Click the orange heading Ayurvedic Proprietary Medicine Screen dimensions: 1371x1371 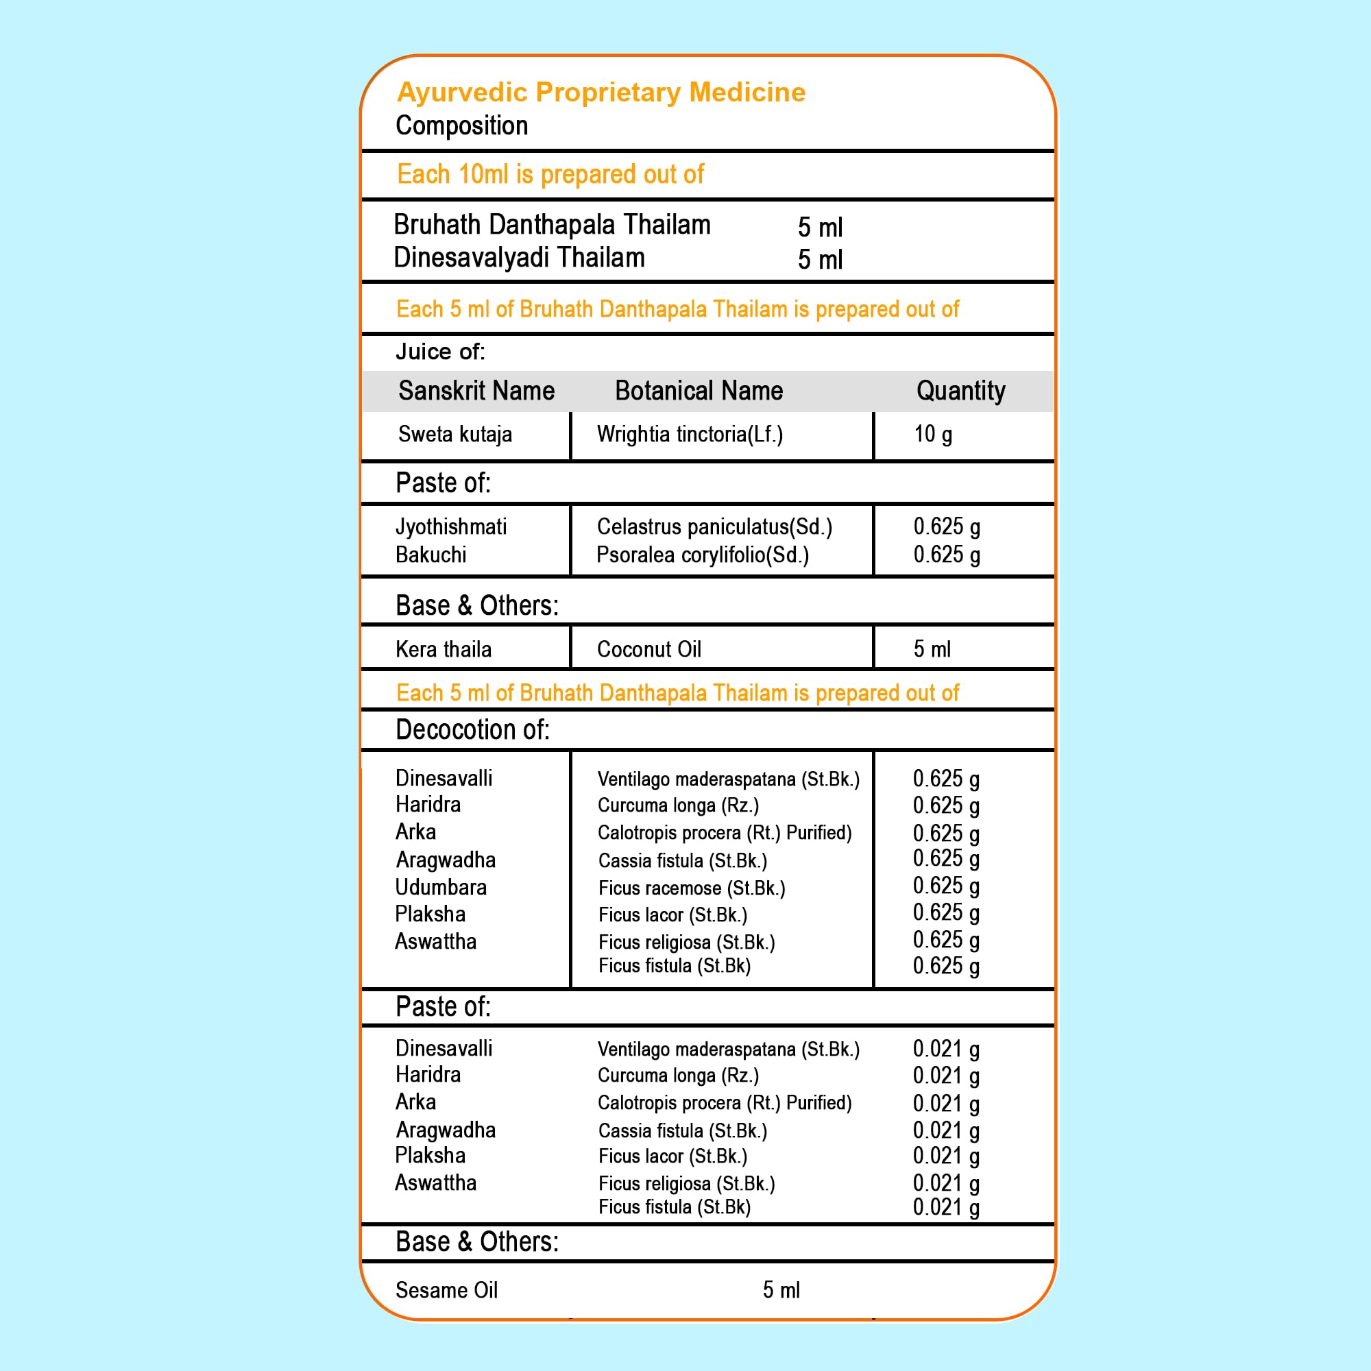click(601, 93)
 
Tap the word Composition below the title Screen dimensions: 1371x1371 click(461, 125)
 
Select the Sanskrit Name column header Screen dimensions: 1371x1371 click(476, 391)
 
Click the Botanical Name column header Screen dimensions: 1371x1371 click(699, 391)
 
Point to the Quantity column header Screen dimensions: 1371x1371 click(960, 391)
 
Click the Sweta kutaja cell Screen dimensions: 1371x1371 click(455, 435)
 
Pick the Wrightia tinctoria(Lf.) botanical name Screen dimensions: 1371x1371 click(690, 435)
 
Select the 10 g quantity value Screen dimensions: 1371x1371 click(932, 435)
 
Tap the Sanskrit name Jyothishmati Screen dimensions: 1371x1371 click(450, 526)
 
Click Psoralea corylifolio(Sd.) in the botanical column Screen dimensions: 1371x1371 click(703, 555)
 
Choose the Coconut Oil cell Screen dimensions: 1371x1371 click(648, 649)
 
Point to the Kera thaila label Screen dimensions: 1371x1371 click(444, 649)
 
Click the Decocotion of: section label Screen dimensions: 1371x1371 click(472, 730)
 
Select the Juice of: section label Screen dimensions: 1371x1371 click(440, 352)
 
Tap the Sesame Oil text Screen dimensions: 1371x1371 click(446, 1290)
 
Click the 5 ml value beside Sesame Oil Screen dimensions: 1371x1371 click(781, 1290)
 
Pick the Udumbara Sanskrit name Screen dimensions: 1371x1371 click(441, 888)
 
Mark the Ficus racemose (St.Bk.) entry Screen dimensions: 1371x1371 click(691, 888)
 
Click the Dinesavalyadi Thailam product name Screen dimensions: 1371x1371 click(519, 258)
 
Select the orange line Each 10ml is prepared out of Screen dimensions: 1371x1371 click(550, 175)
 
